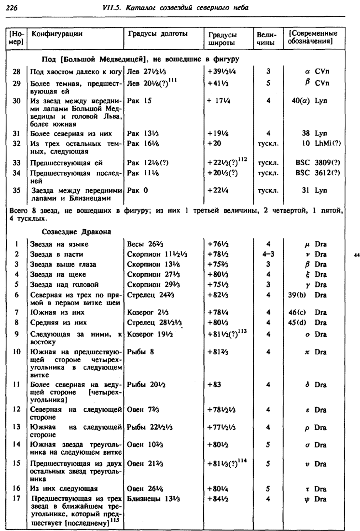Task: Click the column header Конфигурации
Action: click(x=56, y=34)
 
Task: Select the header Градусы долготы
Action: click(x=157, y=34)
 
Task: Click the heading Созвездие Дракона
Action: click(x=77, y=232)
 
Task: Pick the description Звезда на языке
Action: click(x=59, y=244)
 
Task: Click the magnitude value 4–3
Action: click(x=268, y=254)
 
